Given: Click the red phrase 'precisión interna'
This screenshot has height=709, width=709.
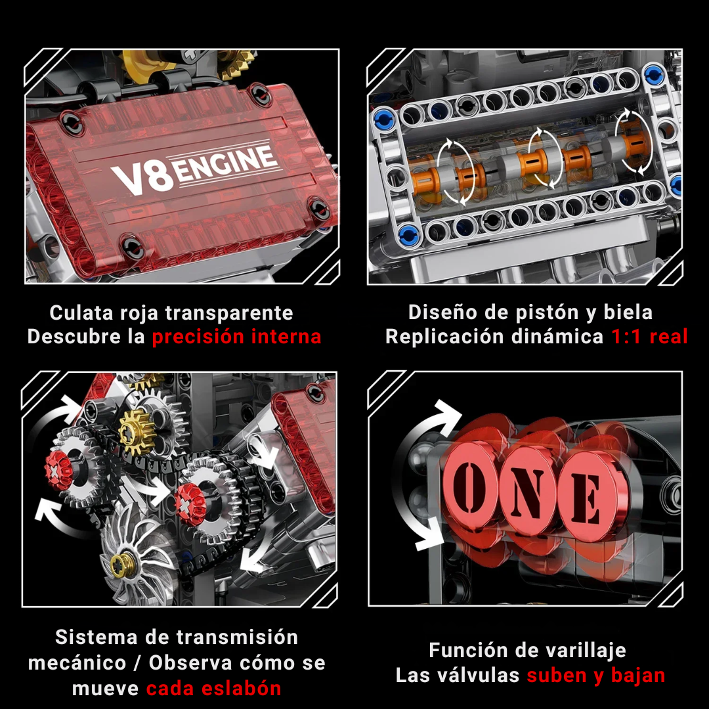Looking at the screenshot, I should [x=236, y=337].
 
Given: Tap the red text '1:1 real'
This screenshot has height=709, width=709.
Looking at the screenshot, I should [x=649, y=337].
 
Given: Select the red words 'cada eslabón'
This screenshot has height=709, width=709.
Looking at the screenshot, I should [x=213, y=688].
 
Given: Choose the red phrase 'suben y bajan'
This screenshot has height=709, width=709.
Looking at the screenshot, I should [x=596, y=675].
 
